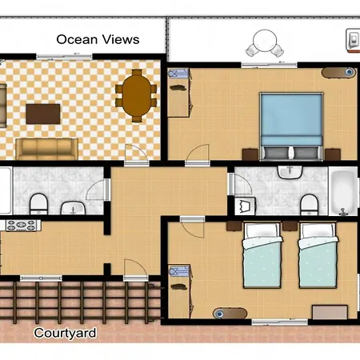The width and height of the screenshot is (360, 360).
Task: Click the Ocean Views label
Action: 98,38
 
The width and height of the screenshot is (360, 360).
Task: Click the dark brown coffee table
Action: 42,114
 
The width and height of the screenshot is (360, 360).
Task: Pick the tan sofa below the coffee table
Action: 47,148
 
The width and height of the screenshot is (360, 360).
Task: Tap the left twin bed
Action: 262,255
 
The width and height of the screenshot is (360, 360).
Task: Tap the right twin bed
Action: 318,255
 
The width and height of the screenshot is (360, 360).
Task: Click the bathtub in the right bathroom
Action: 342,193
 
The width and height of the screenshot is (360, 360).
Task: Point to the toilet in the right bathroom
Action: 308,203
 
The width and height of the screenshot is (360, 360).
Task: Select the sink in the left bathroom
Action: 74,209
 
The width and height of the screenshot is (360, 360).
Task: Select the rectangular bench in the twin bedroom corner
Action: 327,310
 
